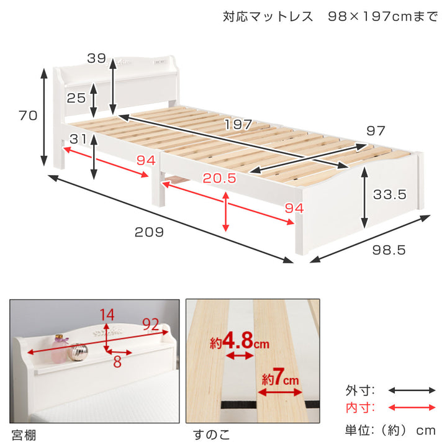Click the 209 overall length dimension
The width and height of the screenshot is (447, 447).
click(x=149, y=232)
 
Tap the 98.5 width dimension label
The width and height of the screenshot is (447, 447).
click(x=389, y=250)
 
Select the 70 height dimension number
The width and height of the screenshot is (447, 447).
click(x=28, y=115)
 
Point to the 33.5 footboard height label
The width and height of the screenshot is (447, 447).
click(x=389, y=194)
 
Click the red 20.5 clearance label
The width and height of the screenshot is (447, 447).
click(x=219, y=178)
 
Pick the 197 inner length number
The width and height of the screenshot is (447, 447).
click(x=238, y=124)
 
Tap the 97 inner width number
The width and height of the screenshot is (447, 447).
click(x=376, y=131)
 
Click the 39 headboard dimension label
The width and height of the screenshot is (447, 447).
click(x=96, y=58)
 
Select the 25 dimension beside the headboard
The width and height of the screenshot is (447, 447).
click(x=76, y=98)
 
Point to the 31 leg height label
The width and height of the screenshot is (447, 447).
click(x=78, y=139)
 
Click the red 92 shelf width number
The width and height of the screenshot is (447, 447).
click(x=150, y=324)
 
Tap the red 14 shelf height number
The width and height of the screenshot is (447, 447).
click(x=107, y=315)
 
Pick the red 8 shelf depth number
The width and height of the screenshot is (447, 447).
click(x=117, y=362)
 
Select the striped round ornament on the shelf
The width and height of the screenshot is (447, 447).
click(x=78, y=352)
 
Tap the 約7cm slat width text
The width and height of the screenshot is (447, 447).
click(x=280, y=379)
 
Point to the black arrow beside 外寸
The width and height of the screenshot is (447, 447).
click(x=412, y=391)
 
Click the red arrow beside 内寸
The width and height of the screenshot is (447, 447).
click(x=412, y=408)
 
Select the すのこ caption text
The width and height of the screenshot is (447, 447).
click(x=212, y=435)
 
